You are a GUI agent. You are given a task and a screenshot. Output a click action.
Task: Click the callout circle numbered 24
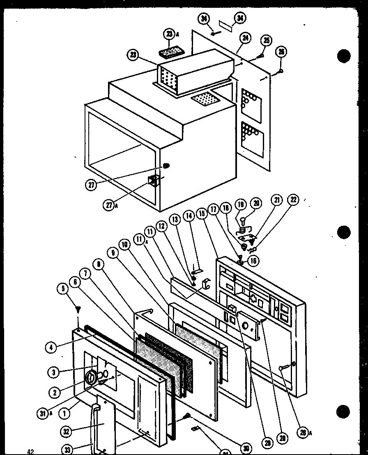(x=246, y=38)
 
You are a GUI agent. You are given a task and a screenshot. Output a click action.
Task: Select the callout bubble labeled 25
(x=267, y=41)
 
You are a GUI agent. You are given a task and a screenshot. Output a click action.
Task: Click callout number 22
(x=293, y=200)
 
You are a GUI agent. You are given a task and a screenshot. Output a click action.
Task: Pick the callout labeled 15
(x=201, y=214)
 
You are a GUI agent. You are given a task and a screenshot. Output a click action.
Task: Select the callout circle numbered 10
(x=125, y=245)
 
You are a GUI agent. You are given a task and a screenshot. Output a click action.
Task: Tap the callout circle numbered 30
(x=246, y=448)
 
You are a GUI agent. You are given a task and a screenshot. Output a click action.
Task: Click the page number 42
(x=30, y=452)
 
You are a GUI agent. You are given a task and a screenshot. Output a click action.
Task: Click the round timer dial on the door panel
(x=92, y=375)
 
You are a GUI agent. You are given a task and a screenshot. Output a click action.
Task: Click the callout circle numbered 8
(x=99, y=265)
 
